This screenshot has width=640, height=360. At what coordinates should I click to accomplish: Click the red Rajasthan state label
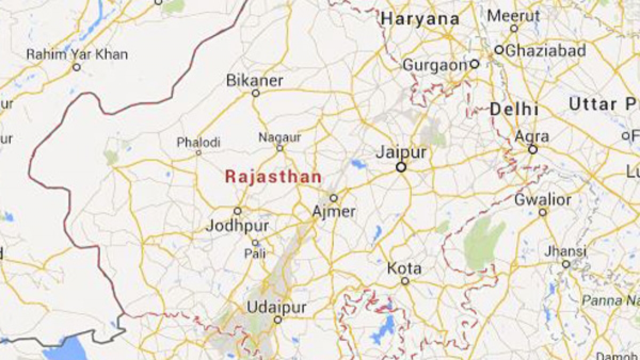273,177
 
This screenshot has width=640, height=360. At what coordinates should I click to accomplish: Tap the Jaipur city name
401,153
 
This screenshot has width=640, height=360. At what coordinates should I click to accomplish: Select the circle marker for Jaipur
401,167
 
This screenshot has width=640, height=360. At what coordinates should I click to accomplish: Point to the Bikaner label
255,81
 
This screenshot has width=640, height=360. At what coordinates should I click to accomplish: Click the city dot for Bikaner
255,93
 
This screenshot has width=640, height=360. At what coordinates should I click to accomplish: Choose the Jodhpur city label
237,226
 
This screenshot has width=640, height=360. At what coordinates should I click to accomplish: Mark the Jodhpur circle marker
238,211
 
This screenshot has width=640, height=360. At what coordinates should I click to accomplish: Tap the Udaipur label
277,307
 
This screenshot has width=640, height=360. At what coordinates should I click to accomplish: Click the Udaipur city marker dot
277,320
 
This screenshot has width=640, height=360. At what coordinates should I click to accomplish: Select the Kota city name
404,268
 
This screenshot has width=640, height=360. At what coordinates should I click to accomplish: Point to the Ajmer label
334,212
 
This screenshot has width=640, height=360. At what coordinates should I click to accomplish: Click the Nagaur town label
279,138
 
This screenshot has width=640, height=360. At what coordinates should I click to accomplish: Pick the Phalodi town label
198,142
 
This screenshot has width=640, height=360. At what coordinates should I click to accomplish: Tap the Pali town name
255,254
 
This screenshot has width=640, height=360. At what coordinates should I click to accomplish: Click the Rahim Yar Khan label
77,54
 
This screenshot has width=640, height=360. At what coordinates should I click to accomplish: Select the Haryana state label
420,19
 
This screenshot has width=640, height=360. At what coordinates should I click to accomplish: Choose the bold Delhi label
514,110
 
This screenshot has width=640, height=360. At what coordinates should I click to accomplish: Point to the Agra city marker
532,150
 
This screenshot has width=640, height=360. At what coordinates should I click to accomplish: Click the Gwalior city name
542,201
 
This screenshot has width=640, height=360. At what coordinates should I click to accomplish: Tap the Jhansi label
565,251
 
